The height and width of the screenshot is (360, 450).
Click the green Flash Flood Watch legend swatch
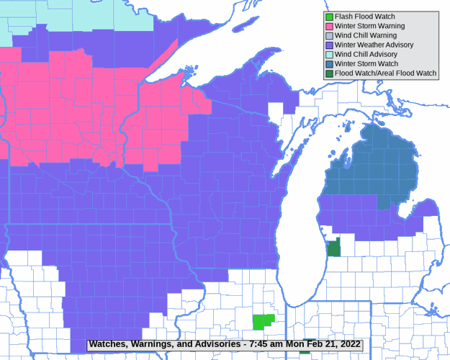pyautogui.click(x=329, y=17)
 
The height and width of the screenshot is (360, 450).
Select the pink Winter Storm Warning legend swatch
pyautogui.click(x=329, y=26)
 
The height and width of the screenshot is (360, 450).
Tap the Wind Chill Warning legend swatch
pyautogui.click(x=329, y=35)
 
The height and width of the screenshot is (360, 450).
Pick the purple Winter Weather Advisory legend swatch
pyautogui.click(x=329, y=45)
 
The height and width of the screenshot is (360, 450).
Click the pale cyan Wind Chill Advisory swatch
pyautogui.click(x=329, y=54)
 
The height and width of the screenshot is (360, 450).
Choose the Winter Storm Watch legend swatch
pyautogui.click(x=329, y=63)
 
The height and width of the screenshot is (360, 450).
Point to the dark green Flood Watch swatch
pyautogui.click(x=329, y=73)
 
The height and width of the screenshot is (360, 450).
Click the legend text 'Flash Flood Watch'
pyautogui.click(x=364, y=17)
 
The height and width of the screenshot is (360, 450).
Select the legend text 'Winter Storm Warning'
pyautogui.click(x=369, y=26)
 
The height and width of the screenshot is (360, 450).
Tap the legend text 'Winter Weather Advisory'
pyautogui.click(x=374, y=45)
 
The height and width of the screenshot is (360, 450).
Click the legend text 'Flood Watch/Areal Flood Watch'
pyautogui.click(x=385, y=73)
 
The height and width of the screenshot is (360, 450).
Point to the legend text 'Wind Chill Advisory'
pyautogui.click(x=366, y=54)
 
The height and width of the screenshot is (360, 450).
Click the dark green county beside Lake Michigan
pyautogui.click(x=334, y=248)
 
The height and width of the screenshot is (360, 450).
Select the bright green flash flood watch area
pyautogui.click(x=263, y=321)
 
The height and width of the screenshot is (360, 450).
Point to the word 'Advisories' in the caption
pyautogui.click(x=214, y=344)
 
